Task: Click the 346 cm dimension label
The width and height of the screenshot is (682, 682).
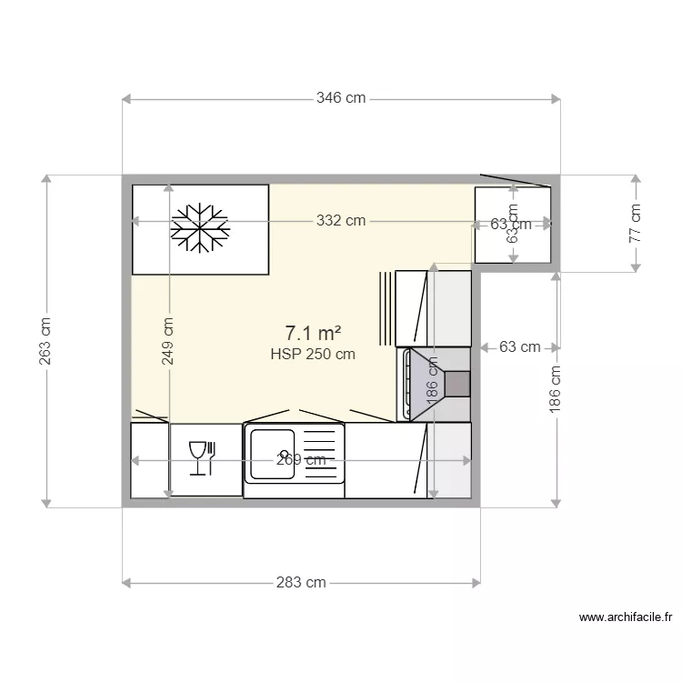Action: pyautogui.click(x=341, y=97)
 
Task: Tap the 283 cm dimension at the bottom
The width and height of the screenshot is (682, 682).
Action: pyautogui.click(x=302, y=582)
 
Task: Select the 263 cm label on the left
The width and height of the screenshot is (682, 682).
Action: pyautogui.click(x=45, y=341)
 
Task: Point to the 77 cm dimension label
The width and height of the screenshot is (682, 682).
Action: pyautogui.click(x=635, y=222)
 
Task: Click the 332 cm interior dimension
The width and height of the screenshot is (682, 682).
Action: pyautogui.click(x=341, y=220)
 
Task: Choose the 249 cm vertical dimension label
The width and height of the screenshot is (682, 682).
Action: pyautogui.click(x=167, y=340)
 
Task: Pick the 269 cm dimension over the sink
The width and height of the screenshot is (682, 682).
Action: pyautogui.click(x=301, y=460)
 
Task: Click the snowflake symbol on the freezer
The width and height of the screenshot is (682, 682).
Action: pyautogui.click(x=199, y=226)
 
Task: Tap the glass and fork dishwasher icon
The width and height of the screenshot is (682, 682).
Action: pyautogui.click(x=201, y=456)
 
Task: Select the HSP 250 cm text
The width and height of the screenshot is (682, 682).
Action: pyautogui.click(x=313, y=355)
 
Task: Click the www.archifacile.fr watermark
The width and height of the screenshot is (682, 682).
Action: pyautogui.click(x=626, y=617)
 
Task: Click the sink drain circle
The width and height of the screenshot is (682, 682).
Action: pyautogui.click(x=285, y=454)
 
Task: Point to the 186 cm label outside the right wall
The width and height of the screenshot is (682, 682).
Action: pyautogui.click(x=556, y=389)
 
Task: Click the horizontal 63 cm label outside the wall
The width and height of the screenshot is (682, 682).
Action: pyautogui.click(x=519, y=346)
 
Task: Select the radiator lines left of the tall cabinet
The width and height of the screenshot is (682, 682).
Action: pyautogui.click(x=387, y=308)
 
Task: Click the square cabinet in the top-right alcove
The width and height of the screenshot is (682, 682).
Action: pyautogui.click(x=513, y=225)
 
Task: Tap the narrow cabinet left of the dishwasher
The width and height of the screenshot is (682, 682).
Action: pyautogui.click(x=150, y=460)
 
